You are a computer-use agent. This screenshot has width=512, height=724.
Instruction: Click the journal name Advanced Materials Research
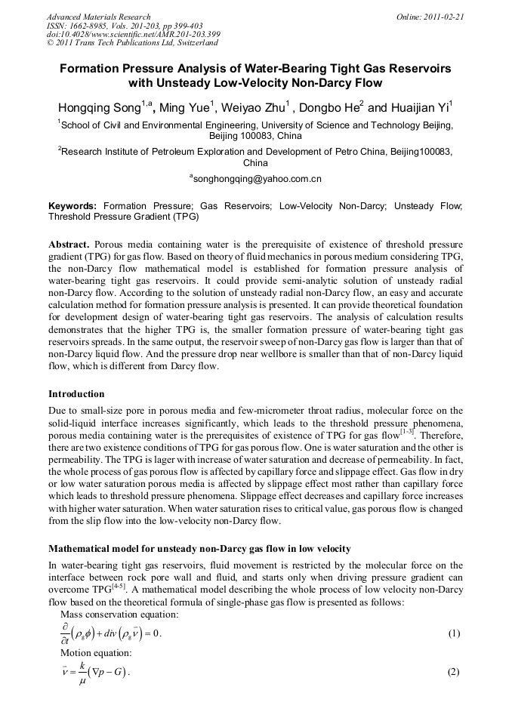(98, 17)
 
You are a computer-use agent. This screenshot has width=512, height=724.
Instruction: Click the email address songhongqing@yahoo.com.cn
(257, 180)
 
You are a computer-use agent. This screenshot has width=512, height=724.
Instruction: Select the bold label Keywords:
(72, 205)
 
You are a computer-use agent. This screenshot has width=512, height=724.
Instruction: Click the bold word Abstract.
(69, 245)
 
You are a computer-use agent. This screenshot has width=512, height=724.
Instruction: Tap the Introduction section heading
(76, 393)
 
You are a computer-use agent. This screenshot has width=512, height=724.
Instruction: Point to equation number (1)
(453, 633)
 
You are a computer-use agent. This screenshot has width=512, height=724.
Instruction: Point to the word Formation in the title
(94, 69)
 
